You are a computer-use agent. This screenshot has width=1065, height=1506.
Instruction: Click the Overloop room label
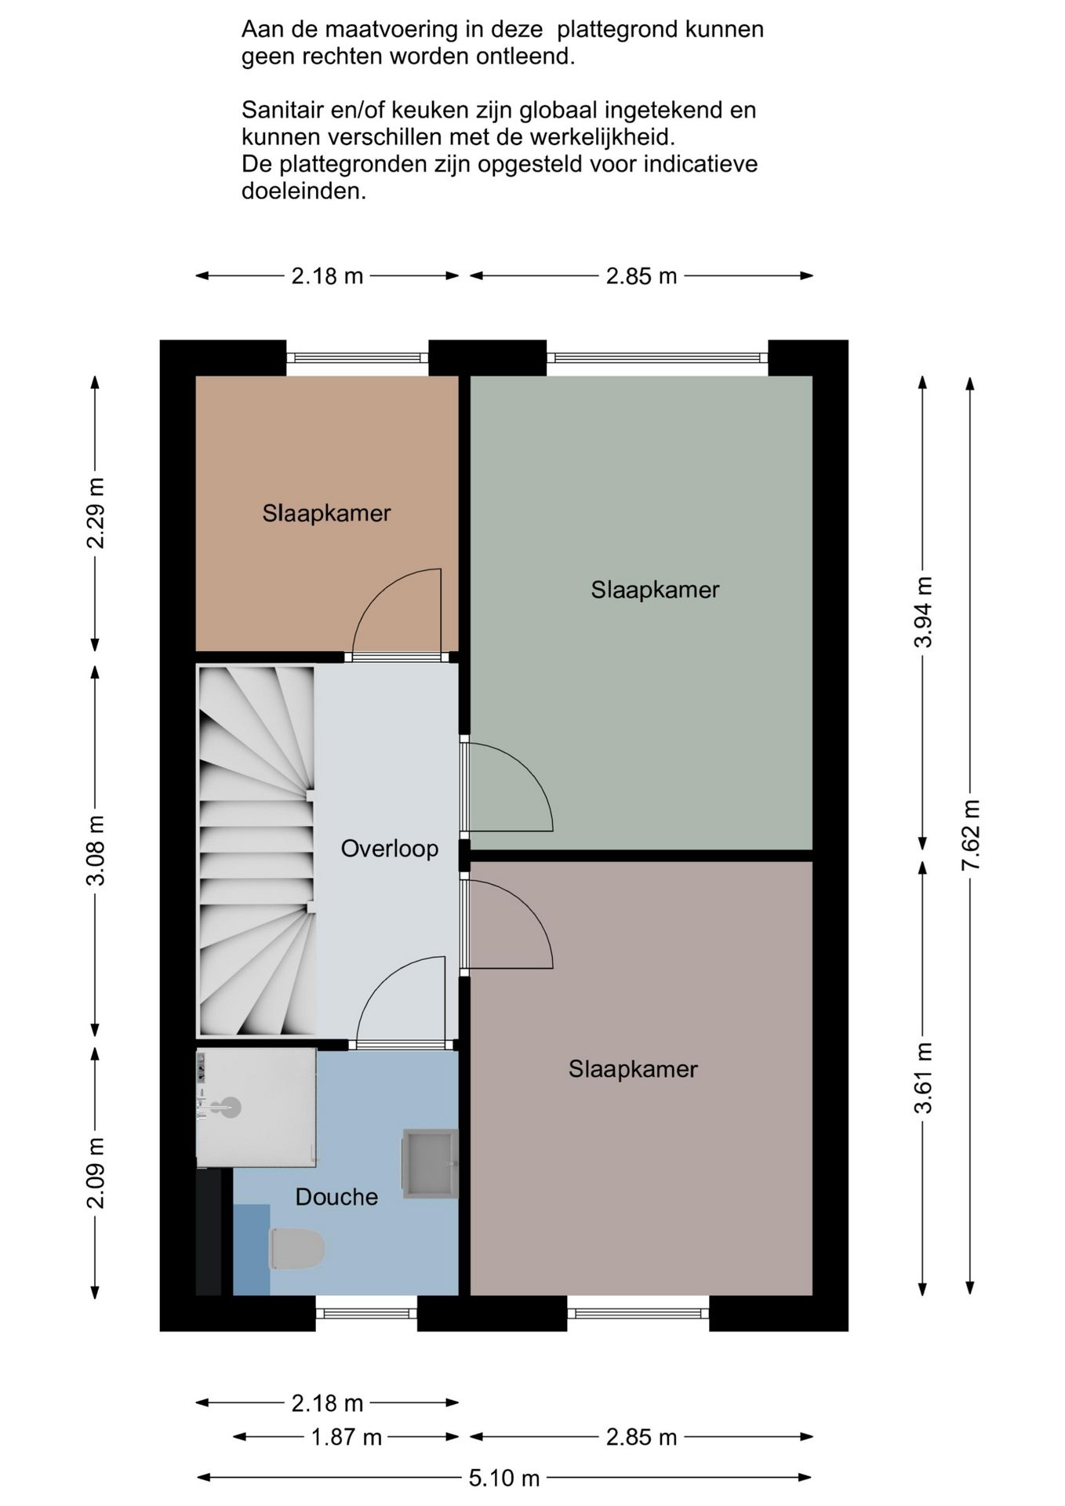(389, 849)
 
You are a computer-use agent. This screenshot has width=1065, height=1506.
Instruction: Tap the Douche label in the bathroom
(336, 1197)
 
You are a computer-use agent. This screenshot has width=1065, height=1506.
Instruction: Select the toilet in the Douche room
(297, 1249)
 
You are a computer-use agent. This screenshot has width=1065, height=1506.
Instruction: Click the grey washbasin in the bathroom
(431, 1163)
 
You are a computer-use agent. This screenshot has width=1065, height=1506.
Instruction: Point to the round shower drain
(231, 1108)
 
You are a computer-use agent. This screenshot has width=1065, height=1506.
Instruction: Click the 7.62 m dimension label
(971, 835)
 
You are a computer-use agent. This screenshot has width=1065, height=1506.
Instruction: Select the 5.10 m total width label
(504, 1479)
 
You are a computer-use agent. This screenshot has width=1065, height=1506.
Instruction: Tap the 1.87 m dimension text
(347, 1437)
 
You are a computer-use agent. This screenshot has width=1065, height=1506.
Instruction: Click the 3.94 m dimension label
(923, 612)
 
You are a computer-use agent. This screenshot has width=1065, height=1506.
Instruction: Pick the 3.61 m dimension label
(923, 1078)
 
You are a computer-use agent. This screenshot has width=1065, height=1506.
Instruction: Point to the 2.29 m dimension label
(95, 513)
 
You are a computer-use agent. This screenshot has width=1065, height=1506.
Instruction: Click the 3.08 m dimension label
(95, 850)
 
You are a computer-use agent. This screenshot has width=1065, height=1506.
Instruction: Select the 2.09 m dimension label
(95, 1173)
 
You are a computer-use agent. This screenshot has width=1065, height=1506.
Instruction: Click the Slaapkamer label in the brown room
(326, 513)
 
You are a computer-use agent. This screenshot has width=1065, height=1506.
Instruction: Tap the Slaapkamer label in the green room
(655, 590)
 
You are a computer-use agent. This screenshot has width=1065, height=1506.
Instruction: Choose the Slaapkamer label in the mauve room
(633, 1069)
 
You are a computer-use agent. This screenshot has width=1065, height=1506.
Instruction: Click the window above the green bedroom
(657, 358)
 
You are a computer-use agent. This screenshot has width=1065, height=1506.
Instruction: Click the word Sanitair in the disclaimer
(285, 110)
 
